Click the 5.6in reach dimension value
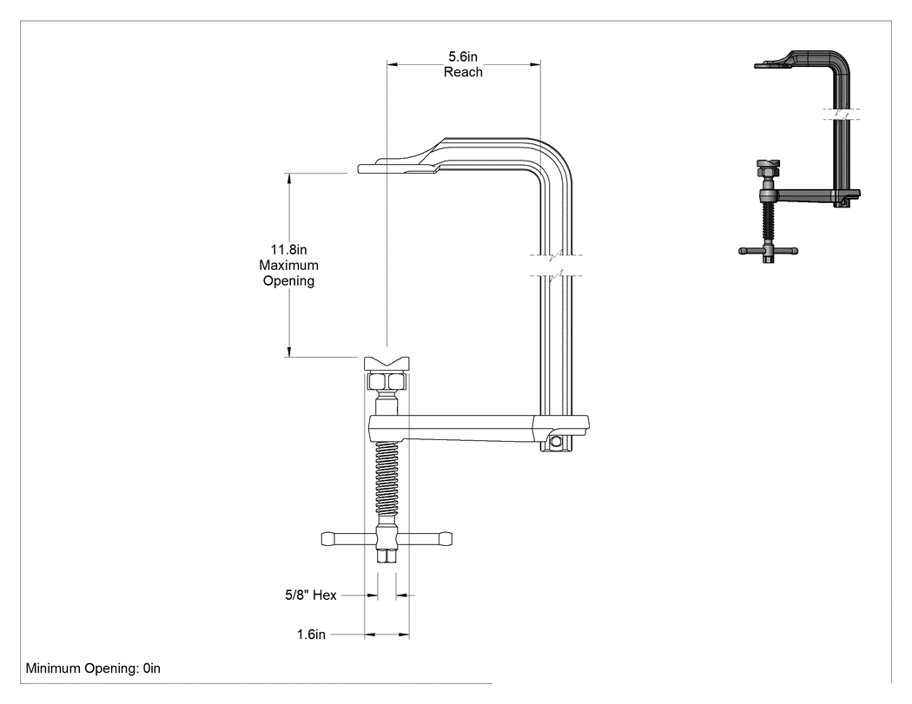tap(463, 56)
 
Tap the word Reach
tap(463, 72)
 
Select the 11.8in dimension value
tap(288, 249)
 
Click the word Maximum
tap(288, 265)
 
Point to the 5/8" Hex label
tap(311, 595)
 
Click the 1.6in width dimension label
tap(311, 635)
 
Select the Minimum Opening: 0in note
tap(93, 668)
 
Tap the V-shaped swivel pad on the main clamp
tap(387, 364)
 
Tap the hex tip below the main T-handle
tap(387, 556)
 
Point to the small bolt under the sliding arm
tap(557, 443)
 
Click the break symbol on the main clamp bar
tap(557, 265)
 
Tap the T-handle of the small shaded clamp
tap(769, 252)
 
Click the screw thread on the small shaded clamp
tap(769, 220)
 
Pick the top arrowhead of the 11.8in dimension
tap(288, 178)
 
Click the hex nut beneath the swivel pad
tap(387, 381)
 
